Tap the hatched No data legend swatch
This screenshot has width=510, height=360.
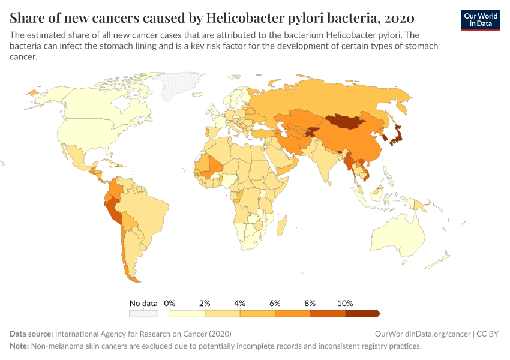pyautogui.click(x=143, y=313)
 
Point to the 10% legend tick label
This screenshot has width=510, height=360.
pyautogui.click(x=345, y=304)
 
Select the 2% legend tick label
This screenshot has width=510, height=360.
pyautogui.click(x=205, y=304)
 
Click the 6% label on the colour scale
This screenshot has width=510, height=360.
pyautogui.click(x=275, y=304)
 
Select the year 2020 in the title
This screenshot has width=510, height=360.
pyautogui.click(x=397, y=16)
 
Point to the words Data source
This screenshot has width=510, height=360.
pyautogui.click(x=31, y=334)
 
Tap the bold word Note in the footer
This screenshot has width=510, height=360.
pyautogui.click(x=20, y=346)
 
